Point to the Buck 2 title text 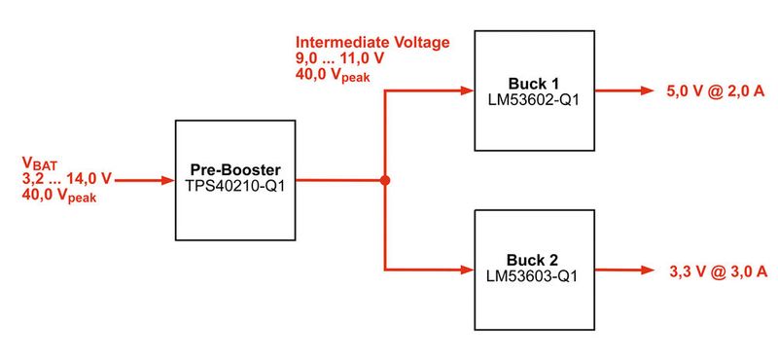534,261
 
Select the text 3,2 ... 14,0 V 67,180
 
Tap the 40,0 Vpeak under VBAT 59,197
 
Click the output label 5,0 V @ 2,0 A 714,91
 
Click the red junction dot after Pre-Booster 385,181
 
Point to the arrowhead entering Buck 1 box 466,91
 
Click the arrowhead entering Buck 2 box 466,270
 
